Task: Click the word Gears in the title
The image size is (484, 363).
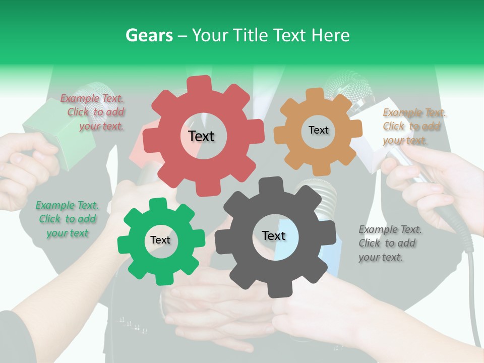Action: (x=149, y=35)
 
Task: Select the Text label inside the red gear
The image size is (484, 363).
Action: (x=201, y=136)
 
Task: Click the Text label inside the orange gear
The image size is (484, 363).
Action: (x=318, y=130)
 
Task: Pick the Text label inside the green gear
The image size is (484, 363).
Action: (x=160, y=240)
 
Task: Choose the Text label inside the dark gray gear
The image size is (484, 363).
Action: (x=273, y=235)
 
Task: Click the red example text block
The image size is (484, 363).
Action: (x=93, y=112)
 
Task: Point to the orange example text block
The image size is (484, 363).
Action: (x=413, y=127)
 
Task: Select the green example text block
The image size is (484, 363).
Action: (x=67, y=219)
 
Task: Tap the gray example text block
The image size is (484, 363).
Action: (x=390, y=243)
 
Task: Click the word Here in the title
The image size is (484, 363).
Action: (x=331, y=35)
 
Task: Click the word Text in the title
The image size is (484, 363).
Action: (x=290, y=35)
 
